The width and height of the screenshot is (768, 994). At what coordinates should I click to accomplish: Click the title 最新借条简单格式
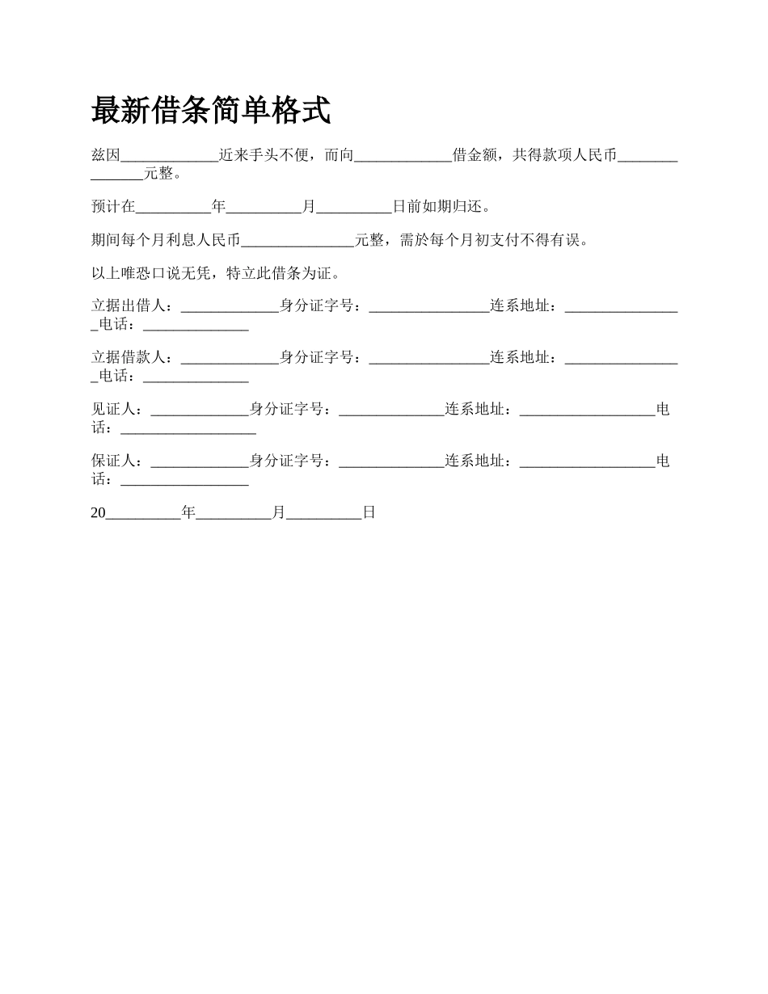211,111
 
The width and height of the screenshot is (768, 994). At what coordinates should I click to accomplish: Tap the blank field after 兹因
169,157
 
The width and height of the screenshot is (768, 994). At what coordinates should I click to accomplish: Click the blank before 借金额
403,157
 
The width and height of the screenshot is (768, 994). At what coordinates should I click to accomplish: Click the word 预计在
113,207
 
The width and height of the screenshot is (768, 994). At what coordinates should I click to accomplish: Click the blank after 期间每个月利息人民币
297,242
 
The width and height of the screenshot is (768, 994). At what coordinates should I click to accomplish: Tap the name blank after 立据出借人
230,308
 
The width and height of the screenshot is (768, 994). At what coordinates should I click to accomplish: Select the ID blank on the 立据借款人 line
429,359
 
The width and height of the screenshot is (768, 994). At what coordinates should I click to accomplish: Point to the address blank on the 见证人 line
587,411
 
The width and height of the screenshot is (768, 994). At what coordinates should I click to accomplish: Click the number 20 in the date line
99,512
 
